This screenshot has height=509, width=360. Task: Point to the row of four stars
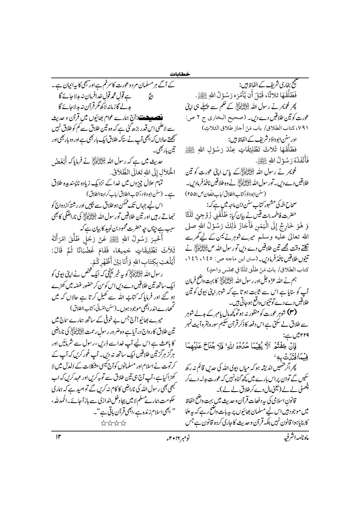[x=112, y=423]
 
